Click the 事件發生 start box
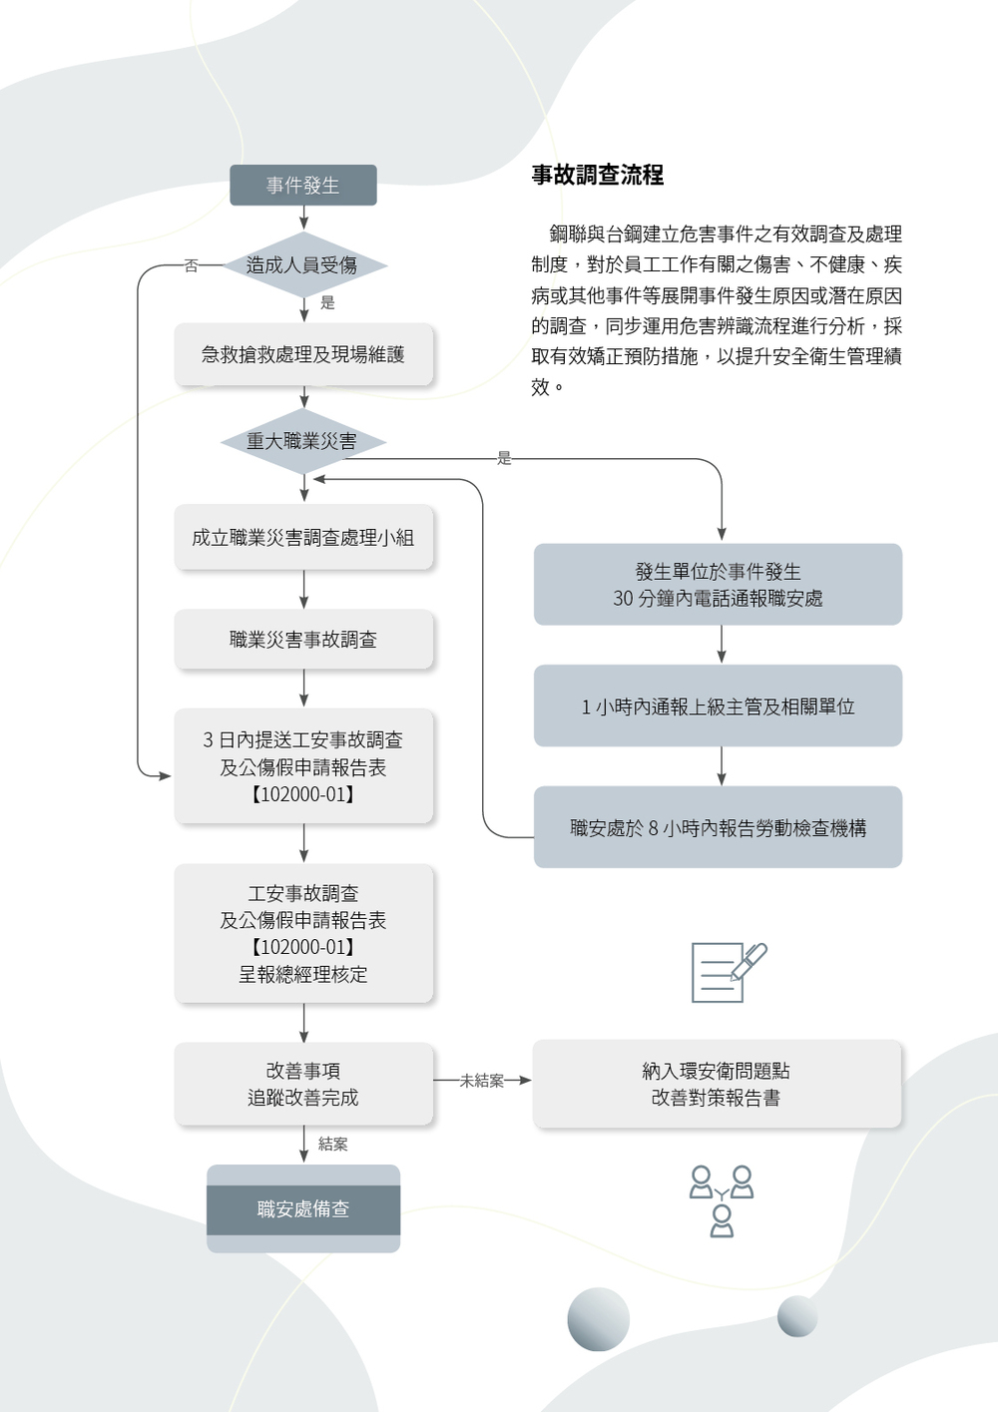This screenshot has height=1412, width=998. [x=303, y=186]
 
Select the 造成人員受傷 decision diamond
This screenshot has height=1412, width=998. [x=303, y=264]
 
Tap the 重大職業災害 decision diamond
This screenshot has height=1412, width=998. [x=303, y=441]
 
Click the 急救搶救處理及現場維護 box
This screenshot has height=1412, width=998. [x=303, y=354]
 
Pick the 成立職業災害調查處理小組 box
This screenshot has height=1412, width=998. [x=303, y=537]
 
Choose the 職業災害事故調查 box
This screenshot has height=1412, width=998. [x=303, y=640]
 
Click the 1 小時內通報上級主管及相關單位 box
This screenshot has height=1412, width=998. [x=718, y=706]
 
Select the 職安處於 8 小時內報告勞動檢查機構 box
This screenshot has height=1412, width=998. [x=718, y=827]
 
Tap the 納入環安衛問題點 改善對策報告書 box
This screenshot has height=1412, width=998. [x=717, y=1084]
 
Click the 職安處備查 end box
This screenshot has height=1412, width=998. [x=303, y=1208]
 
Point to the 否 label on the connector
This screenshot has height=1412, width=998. [x=191, y=266]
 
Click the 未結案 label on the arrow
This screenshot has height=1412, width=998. [x=482, y=1081]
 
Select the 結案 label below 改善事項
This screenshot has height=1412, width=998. [x=333, y=1145]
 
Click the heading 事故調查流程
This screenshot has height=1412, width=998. [x=597, y=175]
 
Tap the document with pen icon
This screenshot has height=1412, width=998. [x=729, y=972]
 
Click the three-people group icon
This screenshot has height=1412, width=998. [x=722, y=1200]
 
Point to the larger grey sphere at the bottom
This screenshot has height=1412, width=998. [x=598, y=1319]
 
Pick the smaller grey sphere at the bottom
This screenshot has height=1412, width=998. [x=797, y=1315]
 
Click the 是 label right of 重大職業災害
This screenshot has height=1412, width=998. [x=504, y=458]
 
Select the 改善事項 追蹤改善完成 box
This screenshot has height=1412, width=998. [x=303, y=1084]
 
